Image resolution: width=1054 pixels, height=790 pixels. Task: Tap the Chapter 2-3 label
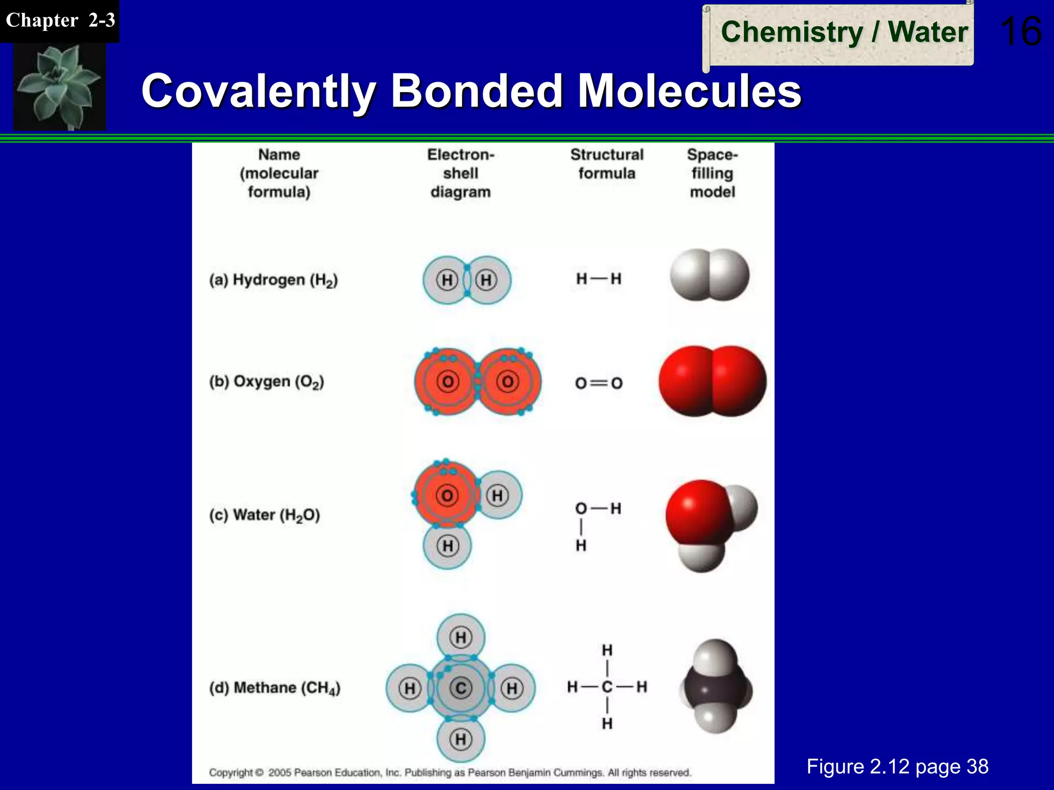click(60, 21)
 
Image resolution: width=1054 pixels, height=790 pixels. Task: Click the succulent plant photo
click(59, 86)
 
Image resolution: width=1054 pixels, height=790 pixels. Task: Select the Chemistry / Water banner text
click(844, 32)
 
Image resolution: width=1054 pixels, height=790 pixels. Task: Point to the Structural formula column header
click(607, 164)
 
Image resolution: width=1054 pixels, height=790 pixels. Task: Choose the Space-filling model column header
click(712, 173)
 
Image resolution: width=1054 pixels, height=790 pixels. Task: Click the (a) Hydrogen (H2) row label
click(273, 280)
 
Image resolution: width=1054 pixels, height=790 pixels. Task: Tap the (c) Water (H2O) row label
click(265, 515)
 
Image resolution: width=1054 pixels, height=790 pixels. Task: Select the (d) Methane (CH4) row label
click(274, 688)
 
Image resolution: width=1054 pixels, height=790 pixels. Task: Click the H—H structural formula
click(599, 279)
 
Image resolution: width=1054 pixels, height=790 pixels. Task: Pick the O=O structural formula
click(599, 383)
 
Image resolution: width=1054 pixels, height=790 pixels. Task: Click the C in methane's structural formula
click(607, 687)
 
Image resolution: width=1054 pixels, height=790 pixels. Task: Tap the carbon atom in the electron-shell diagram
click(461, 688)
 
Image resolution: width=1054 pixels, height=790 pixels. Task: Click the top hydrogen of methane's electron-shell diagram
click(461, 637)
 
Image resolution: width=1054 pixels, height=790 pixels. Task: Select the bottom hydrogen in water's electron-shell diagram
click(448, 546)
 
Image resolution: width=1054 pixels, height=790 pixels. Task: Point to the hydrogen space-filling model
click(709, 275)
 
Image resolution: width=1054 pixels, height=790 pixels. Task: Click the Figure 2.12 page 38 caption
click(897, 766)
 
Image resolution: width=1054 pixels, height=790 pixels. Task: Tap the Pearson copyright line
click(450, 773)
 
